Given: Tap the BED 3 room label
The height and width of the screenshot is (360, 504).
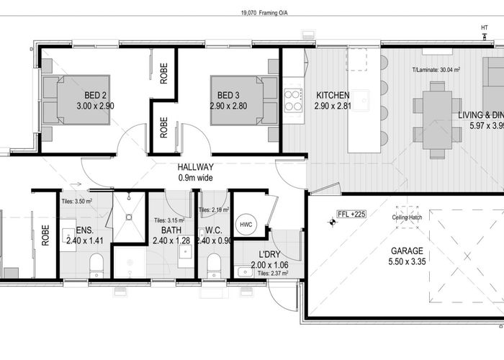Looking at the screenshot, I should pos(228,95).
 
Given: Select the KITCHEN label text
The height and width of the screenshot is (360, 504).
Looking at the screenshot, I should pos(332,95).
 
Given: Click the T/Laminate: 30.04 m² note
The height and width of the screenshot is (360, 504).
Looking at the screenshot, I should pos(436,71).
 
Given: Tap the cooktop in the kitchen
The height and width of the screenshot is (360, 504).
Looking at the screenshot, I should pos(293,99).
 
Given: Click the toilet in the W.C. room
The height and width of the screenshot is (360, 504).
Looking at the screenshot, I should pos(212,269).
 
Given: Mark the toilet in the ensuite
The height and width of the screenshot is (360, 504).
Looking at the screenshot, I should pos(97,269).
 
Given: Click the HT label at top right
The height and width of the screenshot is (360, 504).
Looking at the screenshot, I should pos(484,29).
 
